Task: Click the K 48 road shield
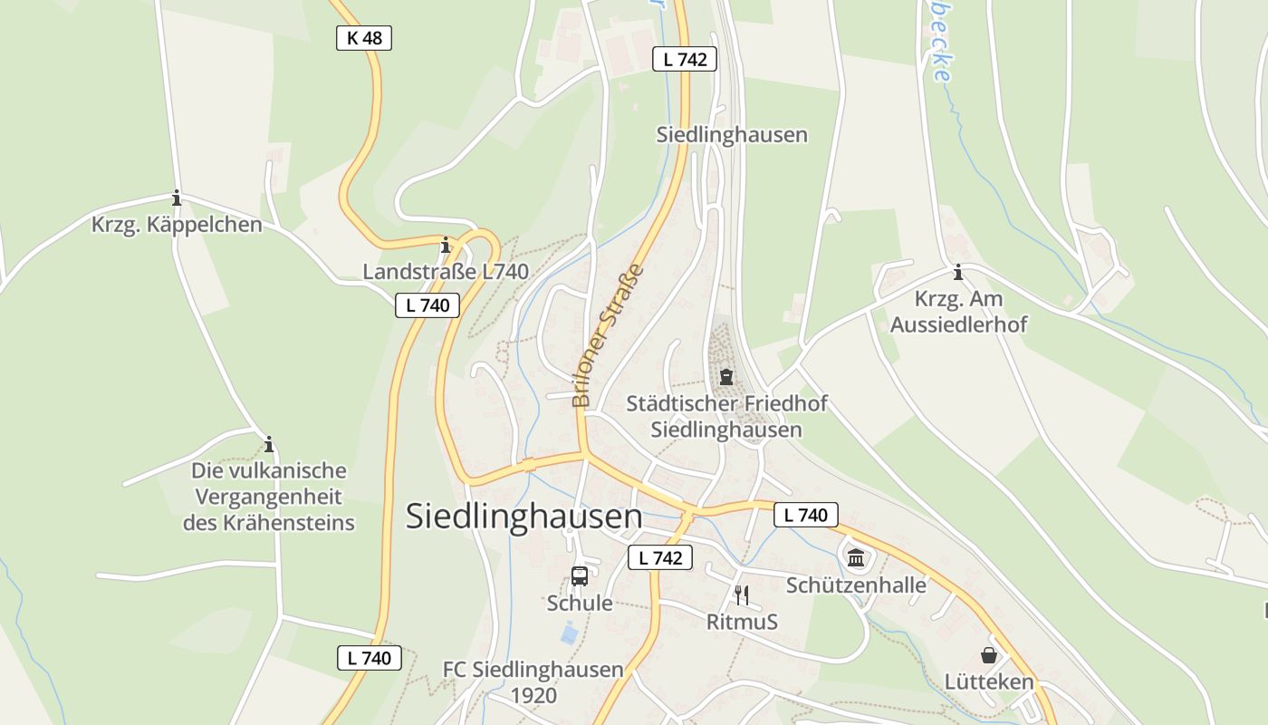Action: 364,38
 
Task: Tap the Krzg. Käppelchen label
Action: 177,225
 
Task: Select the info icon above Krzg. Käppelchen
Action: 177,198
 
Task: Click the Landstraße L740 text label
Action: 446,272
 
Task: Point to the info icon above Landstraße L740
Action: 445,246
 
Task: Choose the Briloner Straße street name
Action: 608,335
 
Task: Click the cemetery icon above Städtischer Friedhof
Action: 725,377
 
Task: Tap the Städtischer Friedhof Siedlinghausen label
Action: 726,417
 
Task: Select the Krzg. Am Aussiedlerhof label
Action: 958,312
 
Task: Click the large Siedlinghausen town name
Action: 524,517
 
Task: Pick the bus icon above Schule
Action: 580,575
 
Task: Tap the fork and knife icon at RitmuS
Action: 742,594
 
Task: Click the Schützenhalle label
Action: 856,585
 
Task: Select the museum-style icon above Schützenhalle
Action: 856,556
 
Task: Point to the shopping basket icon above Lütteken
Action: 988,654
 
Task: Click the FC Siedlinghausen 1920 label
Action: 533,682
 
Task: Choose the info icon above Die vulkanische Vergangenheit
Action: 268,444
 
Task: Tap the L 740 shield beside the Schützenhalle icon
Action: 806,516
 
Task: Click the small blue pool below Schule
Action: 569,633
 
